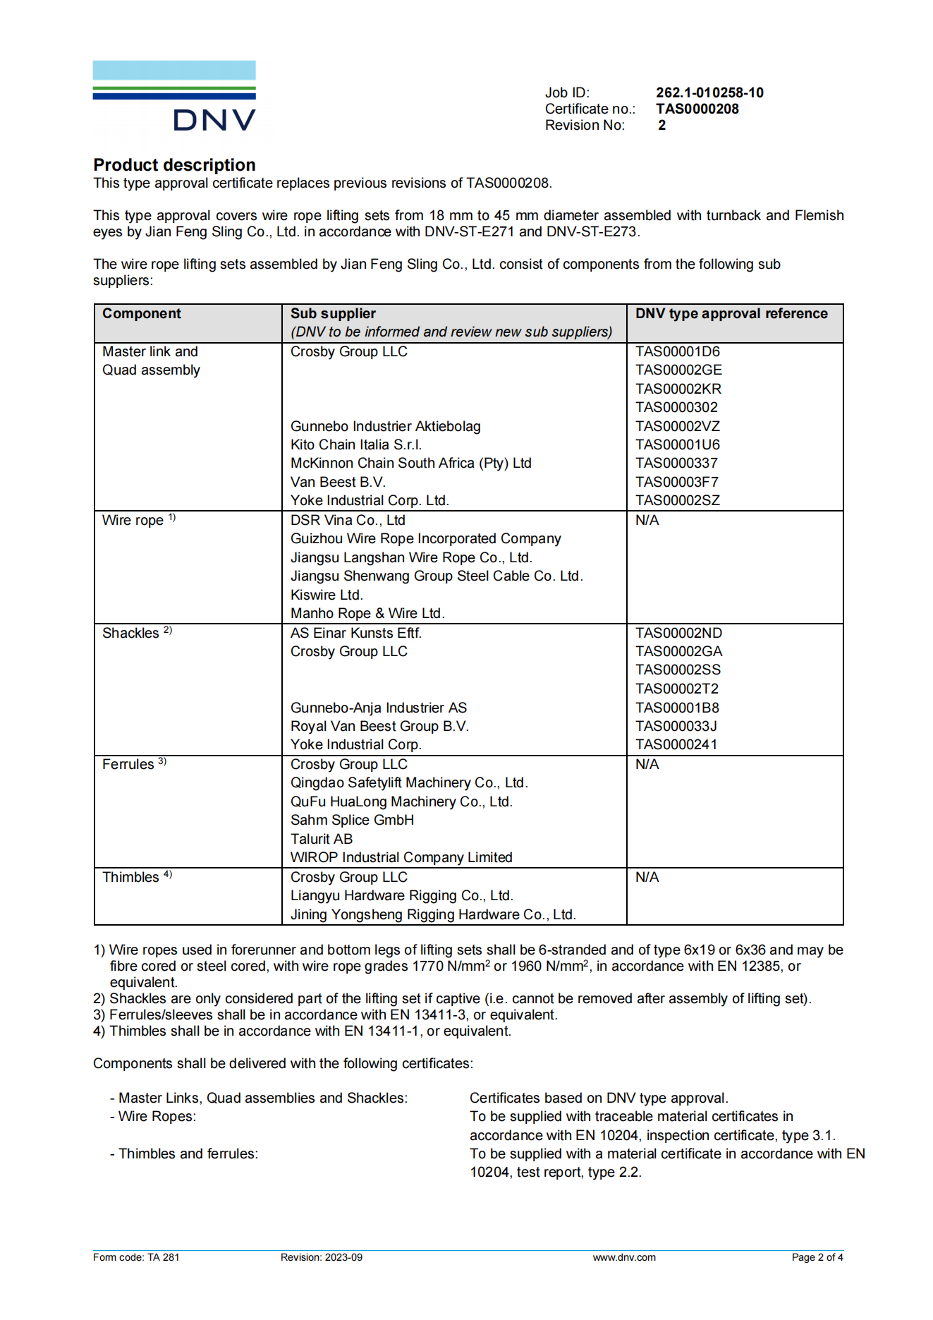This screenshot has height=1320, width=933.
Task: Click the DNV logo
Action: click(174, 97)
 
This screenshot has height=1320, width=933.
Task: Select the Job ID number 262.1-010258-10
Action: click(709, 92)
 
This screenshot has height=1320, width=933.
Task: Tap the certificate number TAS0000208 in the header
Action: click(697, 109)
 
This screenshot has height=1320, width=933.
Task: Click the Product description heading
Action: click(174, 165)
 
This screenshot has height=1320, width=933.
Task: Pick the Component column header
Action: click(142, 314)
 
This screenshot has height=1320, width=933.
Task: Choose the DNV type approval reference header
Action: click(731, 314)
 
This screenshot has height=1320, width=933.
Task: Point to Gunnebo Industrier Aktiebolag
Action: click(386, 426)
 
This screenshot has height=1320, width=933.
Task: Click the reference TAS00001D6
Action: click(678, 351)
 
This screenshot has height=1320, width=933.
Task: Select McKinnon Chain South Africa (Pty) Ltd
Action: click(411, 464)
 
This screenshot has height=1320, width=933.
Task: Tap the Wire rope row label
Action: click(133, 521)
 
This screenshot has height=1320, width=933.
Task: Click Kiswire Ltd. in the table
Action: click(327, 595)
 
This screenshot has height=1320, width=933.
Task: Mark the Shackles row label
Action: click(131, 634)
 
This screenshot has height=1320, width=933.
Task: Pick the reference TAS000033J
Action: click(676, 726)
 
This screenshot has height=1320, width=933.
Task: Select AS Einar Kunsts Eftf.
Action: click(356, 634)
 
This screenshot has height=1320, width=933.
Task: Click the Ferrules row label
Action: click(128, 765)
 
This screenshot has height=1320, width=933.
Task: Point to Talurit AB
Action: click(322, 839)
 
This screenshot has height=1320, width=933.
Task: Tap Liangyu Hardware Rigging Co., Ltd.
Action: click(402, 896)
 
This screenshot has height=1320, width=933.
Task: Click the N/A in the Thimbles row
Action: click(647, 878)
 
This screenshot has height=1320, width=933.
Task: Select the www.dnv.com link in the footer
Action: click(624, 1257)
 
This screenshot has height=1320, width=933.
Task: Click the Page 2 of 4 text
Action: click(817, 1257)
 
